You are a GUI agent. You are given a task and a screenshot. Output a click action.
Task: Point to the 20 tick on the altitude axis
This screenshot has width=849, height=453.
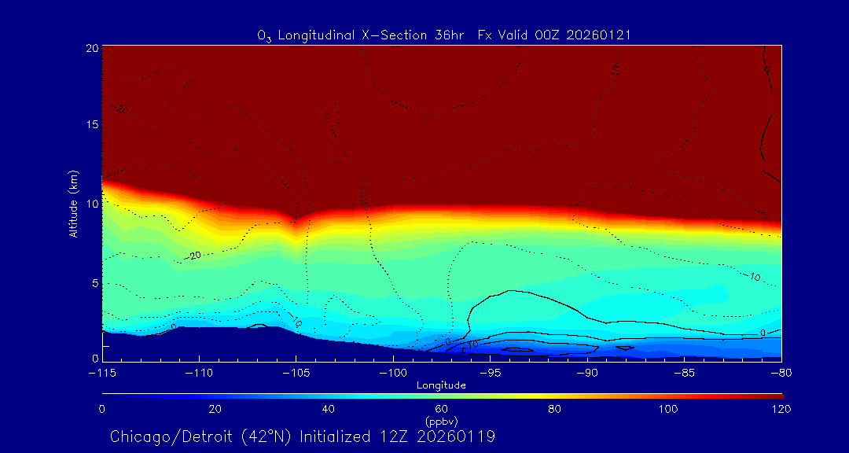[x=91, y=48]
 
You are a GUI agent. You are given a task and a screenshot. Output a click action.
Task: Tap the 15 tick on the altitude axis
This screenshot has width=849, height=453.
[x=91, y=125]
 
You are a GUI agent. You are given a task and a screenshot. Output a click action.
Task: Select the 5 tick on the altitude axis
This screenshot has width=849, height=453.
[x=94, y=282]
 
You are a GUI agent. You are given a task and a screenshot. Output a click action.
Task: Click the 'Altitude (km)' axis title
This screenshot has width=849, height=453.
[x=74, y=204]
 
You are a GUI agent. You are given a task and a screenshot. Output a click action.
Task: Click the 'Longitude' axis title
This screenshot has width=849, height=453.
[x=441, y=385]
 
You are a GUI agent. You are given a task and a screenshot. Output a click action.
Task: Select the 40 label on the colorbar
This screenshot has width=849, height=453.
[x=329, y=409]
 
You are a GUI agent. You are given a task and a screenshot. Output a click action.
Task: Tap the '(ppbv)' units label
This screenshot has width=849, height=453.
[x=441, y=420]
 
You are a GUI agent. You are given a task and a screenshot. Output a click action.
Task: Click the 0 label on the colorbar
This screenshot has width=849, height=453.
[x=102, y=409]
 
